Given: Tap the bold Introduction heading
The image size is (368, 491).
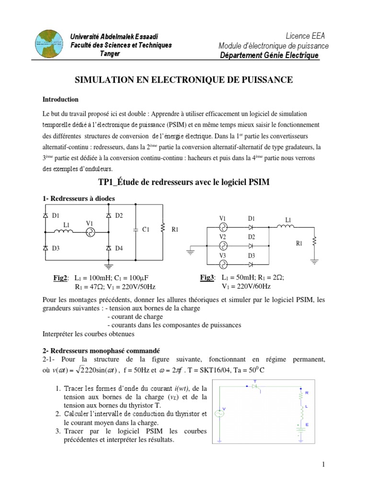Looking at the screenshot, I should point(60,100).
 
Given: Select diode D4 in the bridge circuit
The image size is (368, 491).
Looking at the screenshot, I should point(108,248).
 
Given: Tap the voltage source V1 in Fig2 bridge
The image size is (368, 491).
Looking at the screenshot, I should point(89,232).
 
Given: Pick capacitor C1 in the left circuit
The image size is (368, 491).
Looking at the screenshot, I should point(137,230).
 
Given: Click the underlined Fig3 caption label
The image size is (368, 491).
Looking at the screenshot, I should point(207,278).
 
